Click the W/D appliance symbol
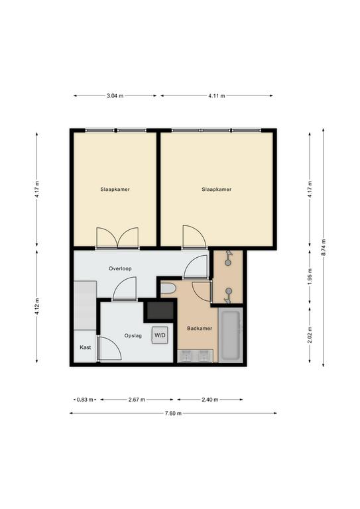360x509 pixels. pyautogui.click(x=160, y=335)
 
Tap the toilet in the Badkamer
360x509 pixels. pyautogui.click(x=168, y=288)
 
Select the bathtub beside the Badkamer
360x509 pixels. pyautogui.click(x=231, y=335)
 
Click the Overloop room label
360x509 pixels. pyautogui.click(x=120, y=268)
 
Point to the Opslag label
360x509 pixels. pyautogui.click(x=133, y=335)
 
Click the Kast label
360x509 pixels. pyautogui.click(x=86, y=347)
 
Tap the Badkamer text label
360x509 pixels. pyautogui.click(x=200, y=328)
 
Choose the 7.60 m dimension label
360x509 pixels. pyautogui.click(x=173, y=414)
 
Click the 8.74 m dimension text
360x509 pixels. pyautogui.click(x=324, y=247)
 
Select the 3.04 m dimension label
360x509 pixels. pyautogui.click(x=115, y=95)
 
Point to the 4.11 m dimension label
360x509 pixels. pyautogui.click(x=217, y=95)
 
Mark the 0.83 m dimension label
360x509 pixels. pyautogui.click(x=85, y=400)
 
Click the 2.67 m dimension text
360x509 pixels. pyautogui.click(x=137, y=400)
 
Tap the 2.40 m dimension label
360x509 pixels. pyautogui.click(x=210, y=400)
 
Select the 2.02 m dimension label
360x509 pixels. pyautogui.click(x=310, y=334)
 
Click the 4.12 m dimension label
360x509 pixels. pyautogui.click(x=37, y=306)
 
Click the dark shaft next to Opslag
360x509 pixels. pyautogui.click(x=160, y=311)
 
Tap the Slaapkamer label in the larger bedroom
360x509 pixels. pyautogui.click(x=217, y=190)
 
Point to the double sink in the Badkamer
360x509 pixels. pyautogui.click(x=196, y=356)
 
